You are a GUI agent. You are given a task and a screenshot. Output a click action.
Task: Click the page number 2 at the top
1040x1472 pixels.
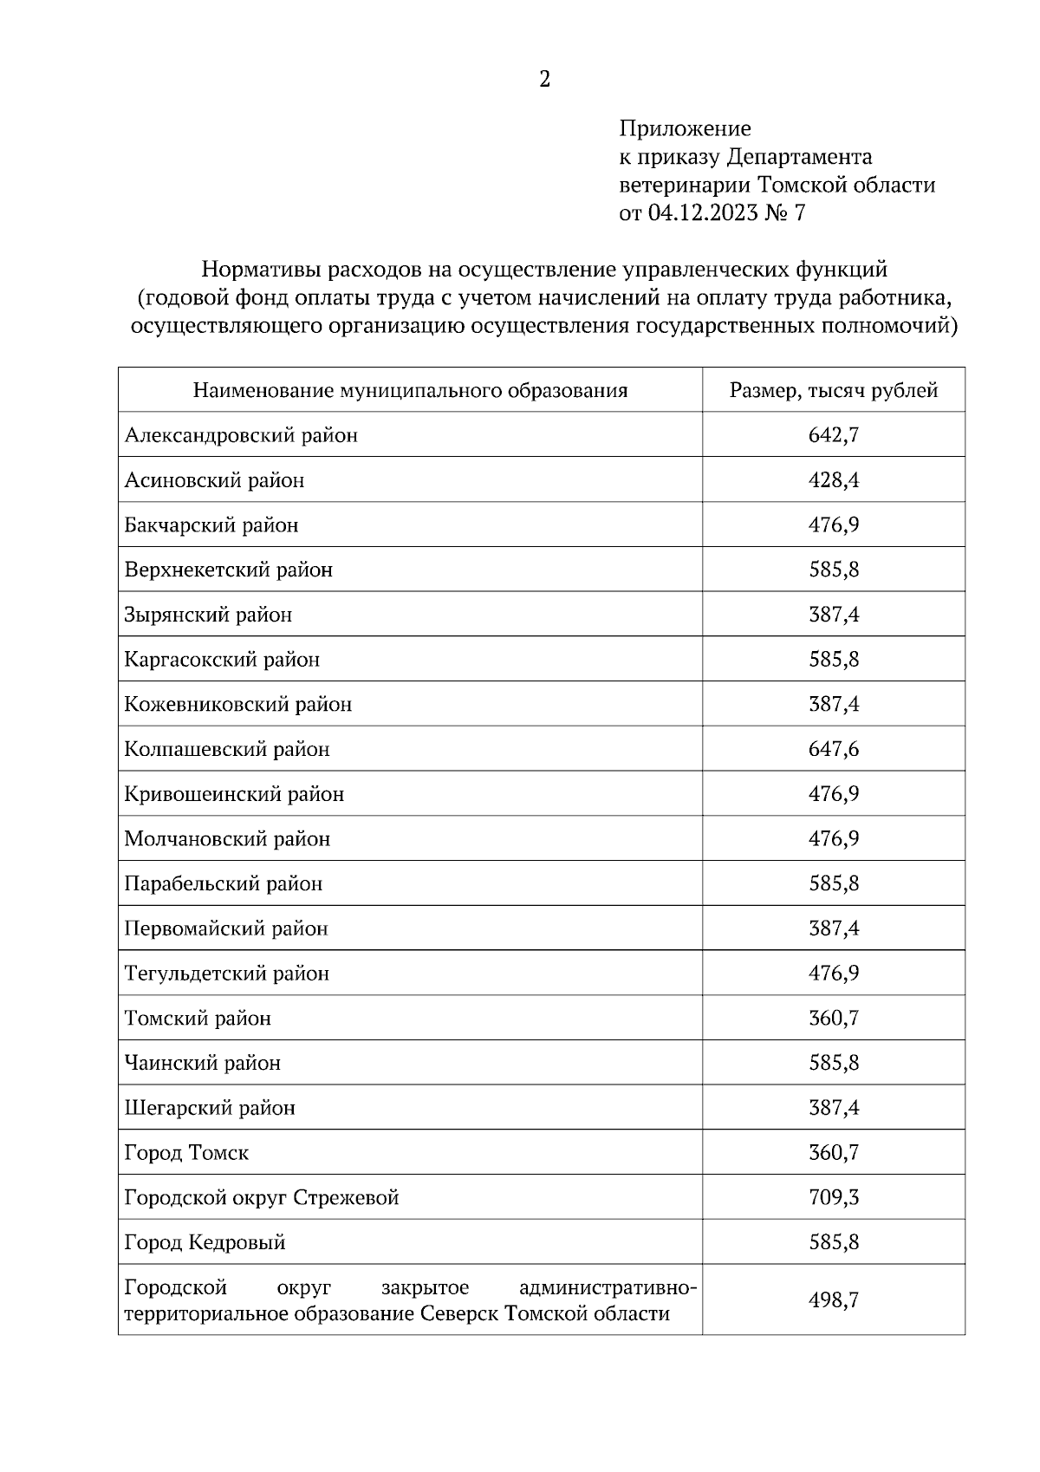[x=544, y=80]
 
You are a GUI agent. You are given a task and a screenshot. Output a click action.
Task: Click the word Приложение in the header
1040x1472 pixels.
[x=685, y=129]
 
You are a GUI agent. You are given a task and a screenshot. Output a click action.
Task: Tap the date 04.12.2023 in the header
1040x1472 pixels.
[x=702, y=212]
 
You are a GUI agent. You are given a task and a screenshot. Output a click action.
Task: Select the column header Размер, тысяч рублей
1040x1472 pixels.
[x=834, y=390]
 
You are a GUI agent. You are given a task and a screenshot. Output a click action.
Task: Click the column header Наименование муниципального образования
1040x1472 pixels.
[x=410, y=390]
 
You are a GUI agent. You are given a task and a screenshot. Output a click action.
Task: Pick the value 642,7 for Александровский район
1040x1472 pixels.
[x=834, y=435]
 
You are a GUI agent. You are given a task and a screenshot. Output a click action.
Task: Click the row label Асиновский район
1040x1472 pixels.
[x=214, y=480]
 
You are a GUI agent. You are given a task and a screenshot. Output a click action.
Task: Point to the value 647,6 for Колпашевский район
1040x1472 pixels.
[x=834, y=749]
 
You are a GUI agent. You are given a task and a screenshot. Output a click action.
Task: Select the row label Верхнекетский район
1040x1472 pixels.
[x=229, y=570]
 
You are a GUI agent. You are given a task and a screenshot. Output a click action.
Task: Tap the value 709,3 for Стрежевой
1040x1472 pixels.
[x=834, y=1197]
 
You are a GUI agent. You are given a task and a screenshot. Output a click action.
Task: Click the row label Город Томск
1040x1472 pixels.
[x=186, y=1153]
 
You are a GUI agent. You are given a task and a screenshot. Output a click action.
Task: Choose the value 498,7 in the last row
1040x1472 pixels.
[x=834, y=1299]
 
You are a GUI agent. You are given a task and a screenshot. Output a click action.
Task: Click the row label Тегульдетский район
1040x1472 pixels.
[x=227, y=974]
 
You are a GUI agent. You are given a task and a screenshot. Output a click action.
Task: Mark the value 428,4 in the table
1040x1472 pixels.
[x=834, y=480]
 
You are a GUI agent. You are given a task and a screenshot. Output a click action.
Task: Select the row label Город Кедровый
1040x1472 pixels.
[x=205, y=1242]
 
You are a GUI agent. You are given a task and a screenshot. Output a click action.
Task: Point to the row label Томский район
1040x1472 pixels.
[x=198, y=1019]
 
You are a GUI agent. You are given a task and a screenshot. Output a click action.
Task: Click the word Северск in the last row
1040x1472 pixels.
[x=458, y=1313]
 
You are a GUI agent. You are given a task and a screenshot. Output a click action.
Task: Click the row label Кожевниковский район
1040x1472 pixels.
[x=238, y=704]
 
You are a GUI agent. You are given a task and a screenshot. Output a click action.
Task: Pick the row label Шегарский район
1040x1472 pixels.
[x=210, y=1108]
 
